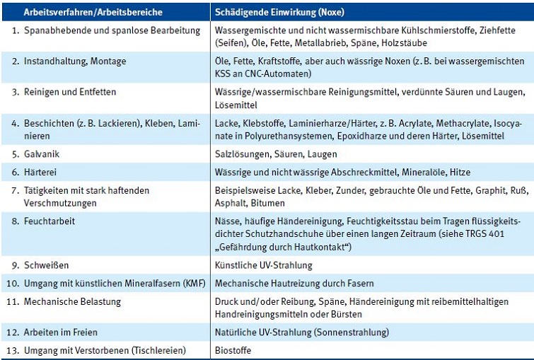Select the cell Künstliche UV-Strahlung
tap(263, 265)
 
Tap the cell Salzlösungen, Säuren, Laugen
tap(276, 153)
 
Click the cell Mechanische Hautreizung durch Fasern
tap(294, 284)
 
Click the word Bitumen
tap(268, 203)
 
